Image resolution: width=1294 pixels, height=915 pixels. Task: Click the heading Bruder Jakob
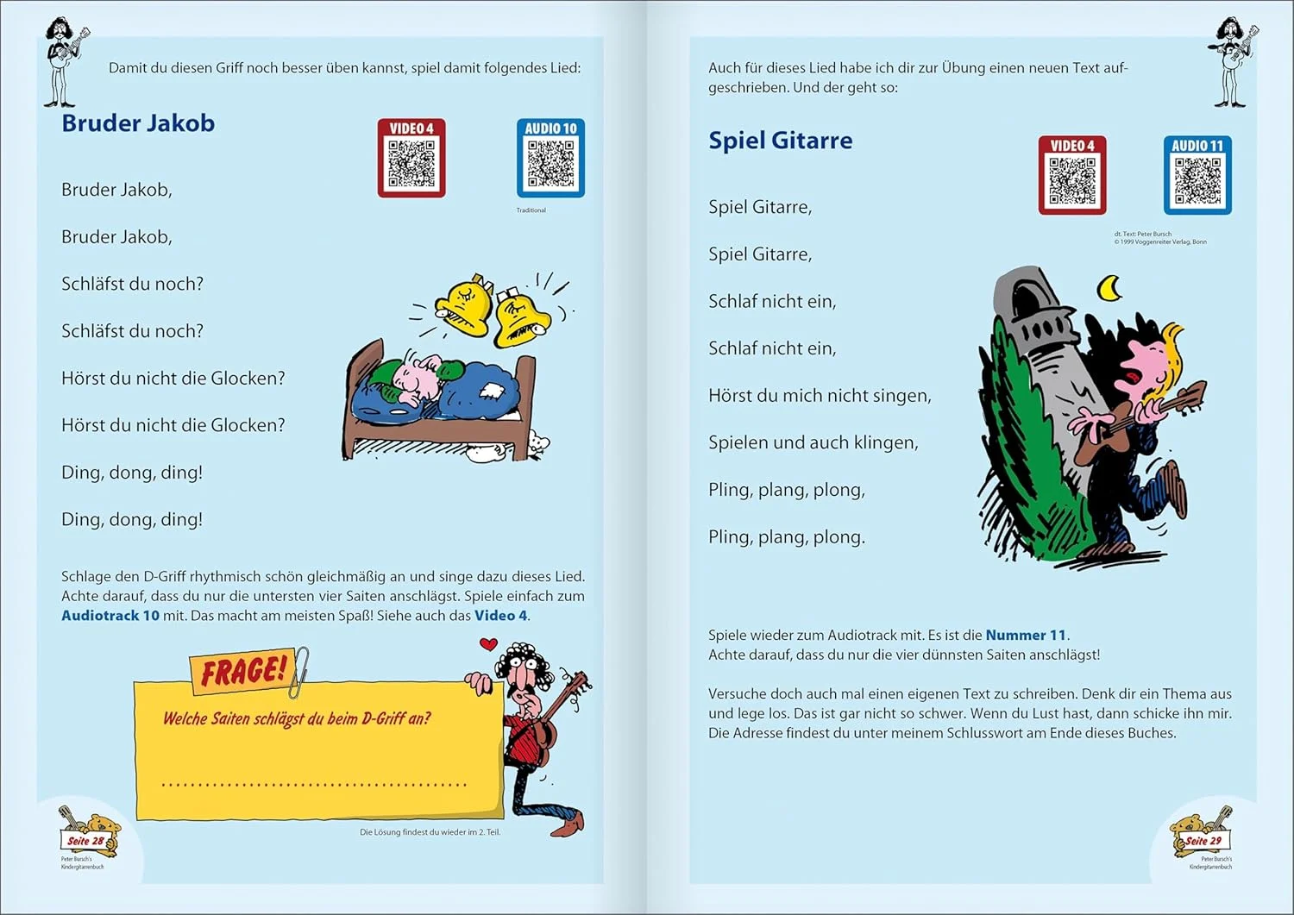(138, 123)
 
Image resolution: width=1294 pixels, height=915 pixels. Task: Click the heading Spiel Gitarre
(780, 141)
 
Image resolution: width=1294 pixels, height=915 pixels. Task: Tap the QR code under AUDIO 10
(550, 165)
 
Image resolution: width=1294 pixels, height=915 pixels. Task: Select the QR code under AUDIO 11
(1197, 182)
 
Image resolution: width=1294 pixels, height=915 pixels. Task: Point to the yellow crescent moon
(1109, 288)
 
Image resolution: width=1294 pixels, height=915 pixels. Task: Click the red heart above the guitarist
(488, 643)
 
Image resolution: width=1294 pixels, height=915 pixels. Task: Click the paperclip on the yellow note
(299, 671)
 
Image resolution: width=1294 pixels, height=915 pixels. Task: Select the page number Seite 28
(85, 841)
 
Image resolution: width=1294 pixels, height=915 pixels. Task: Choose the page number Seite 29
(1203, 841)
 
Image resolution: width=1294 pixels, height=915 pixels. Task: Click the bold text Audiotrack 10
(110, 616)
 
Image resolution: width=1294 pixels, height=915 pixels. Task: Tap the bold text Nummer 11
(1026, 636)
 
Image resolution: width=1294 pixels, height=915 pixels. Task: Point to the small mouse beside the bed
(537, 444)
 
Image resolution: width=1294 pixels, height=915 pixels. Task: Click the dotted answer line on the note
(314, 784)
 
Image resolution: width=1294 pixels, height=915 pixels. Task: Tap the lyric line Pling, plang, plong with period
(787, 537)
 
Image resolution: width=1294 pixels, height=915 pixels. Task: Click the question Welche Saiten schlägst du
(297, 719)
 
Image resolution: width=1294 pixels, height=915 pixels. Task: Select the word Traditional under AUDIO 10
(531, 210)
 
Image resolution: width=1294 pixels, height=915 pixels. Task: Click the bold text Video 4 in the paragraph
(500, 616)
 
